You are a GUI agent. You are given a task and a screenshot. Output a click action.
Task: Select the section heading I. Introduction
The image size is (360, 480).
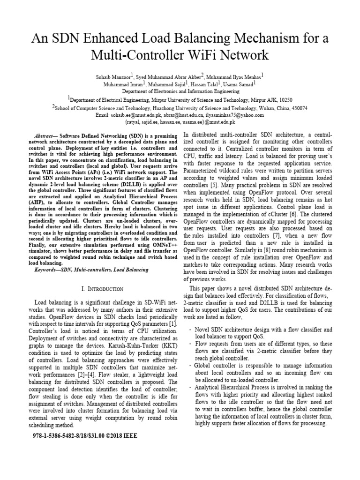click(103, 289)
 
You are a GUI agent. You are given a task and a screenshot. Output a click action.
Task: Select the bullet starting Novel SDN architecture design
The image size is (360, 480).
click(263, 330)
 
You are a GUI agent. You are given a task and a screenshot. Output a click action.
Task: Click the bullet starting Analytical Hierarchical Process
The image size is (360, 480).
click(262, 387)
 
